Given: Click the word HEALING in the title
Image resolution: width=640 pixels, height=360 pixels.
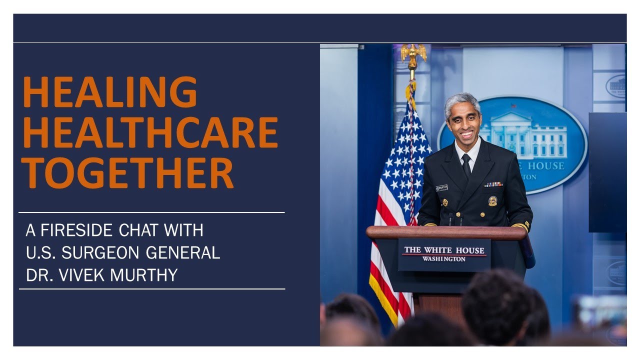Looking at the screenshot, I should point(110,92).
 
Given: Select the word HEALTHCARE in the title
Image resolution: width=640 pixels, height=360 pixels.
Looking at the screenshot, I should point(150,132).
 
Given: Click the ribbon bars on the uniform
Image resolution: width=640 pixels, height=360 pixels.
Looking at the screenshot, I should point(492,184).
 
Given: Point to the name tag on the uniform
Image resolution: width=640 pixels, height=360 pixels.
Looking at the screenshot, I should point(441,188).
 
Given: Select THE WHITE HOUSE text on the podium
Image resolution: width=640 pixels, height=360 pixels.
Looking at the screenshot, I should point(444,250).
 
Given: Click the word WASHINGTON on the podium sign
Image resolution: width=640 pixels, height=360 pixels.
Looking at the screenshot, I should point(443,259).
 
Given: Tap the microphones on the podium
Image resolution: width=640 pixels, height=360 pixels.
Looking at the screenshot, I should point(455,219).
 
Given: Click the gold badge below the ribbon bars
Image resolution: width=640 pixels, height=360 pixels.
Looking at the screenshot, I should point(492,200).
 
